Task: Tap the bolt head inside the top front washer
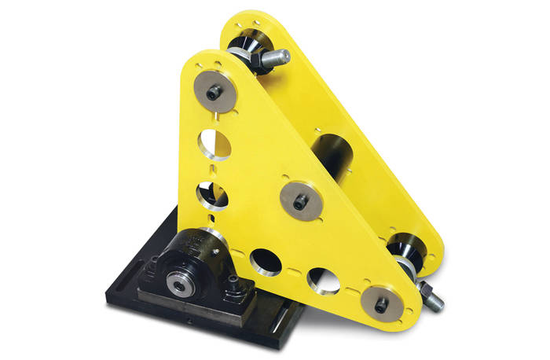coord(214,93)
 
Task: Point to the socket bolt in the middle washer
coord(299,202)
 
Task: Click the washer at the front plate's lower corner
coord(380,303)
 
